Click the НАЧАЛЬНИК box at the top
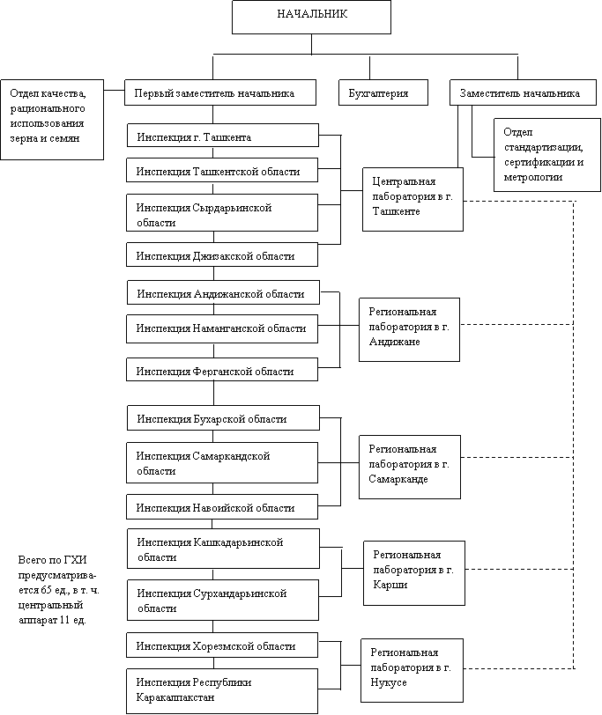pyautogui.click(x=311, y=17)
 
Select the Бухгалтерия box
pyautogui.click(x=383, y=92)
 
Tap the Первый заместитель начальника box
pyautogui.click(x=220, y=92)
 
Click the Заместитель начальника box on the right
pyautogui.click(x=523, y=92)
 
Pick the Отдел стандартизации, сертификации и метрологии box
pyautogui.click(x=547, y=155)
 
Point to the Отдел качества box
pyautogui.click(x=52, y=120)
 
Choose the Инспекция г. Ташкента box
pyautogui.click(x=223, y=135)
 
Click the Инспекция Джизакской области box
pyautogui.click(x=222, y=254)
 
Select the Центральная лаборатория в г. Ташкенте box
pyautogui.click(x=413, y=199)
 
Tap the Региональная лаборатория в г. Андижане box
pyautogui.click(x=409, y=329)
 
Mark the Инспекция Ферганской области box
pyautogui.click(x=222, y=369)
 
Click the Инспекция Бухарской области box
pyautogui.click(x=223, y=417)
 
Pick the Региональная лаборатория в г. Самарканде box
pyautogui.click(x=410, y=467)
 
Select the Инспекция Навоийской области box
pyautogui.click(x=222, y=506)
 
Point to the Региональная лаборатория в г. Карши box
pyautogui.click(x=414, y=573)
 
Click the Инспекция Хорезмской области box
pyautogui.click(x=222, y=645)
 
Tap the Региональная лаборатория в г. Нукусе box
pyautogui.click(x=412, y=670)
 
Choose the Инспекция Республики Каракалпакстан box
pyautogui.click(x=222, y=691)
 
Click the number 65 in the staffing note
pyautogui.click(x=47, y=590)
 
